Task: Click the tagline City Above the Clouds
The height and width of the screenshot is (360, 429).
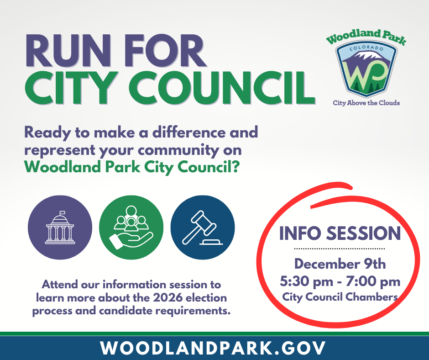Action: (366, 103)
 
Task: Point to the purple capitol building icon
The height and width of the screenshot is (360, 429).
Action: (60, 227)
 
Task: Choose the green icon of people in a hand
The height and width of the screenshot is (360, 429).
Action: (131, 227)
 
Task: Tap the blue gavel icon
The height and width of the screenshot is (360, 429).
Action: (202, 227)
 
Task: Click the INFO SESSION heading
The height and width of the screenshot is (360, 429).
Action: (340, 233)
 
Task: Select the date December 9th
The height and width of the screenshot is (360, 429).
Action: (340, 264)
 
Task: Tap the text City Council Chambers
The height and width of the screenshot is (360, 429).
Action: (340, 297)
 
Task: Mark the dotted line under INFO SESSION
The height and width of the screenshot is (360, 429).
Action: (340, 249)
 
